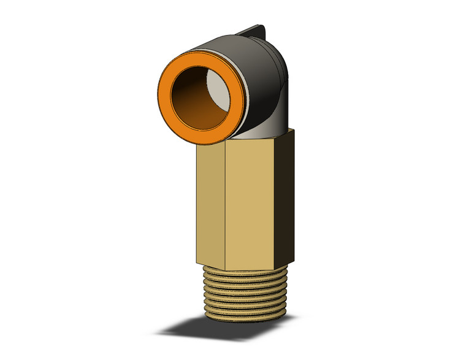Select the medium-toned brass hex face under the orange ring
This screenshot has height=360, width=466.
click(212, 202)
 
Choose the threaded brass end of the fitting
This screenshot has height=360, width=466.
click(245, 294)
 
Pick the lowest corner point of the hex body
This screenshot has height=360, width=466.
click(225, 270)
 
